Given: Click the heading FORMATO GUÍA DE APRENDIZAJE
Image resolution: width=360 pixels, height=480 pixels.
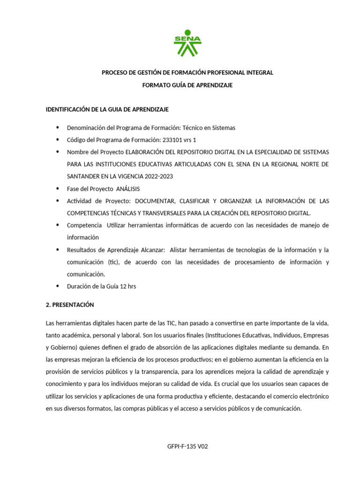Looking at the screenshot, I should (x=187, y=85).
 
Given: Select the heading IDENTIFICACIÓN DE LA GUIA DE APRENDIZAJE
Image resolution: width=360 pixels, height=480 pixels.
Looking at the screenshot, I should (x=107, y=109).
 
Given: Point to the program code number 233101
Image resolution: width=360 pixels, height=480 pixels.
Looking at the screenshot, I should (x=172, y=140).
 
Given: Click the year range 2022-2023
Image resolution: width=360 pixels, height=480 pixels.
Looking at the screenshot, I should (x=150, y=176).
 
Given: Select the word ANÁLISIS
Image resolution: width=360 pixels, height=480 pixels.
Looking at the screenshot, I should (x=128, y=188).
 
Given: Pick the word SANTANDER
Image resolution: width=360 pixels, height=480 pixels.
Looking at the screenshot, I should (x=81, y=176).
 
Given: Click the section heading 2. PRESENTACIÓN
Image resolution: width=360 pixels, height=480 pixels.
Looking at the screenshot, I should (x=70, y=305).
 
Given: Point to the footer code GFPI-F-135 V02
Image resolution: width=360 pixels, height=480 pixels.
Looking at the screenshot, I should (x=187, y=446).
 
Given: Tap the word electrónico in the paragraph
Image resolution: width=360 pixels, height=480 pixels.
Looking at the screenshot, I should (x=312, y=396).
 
